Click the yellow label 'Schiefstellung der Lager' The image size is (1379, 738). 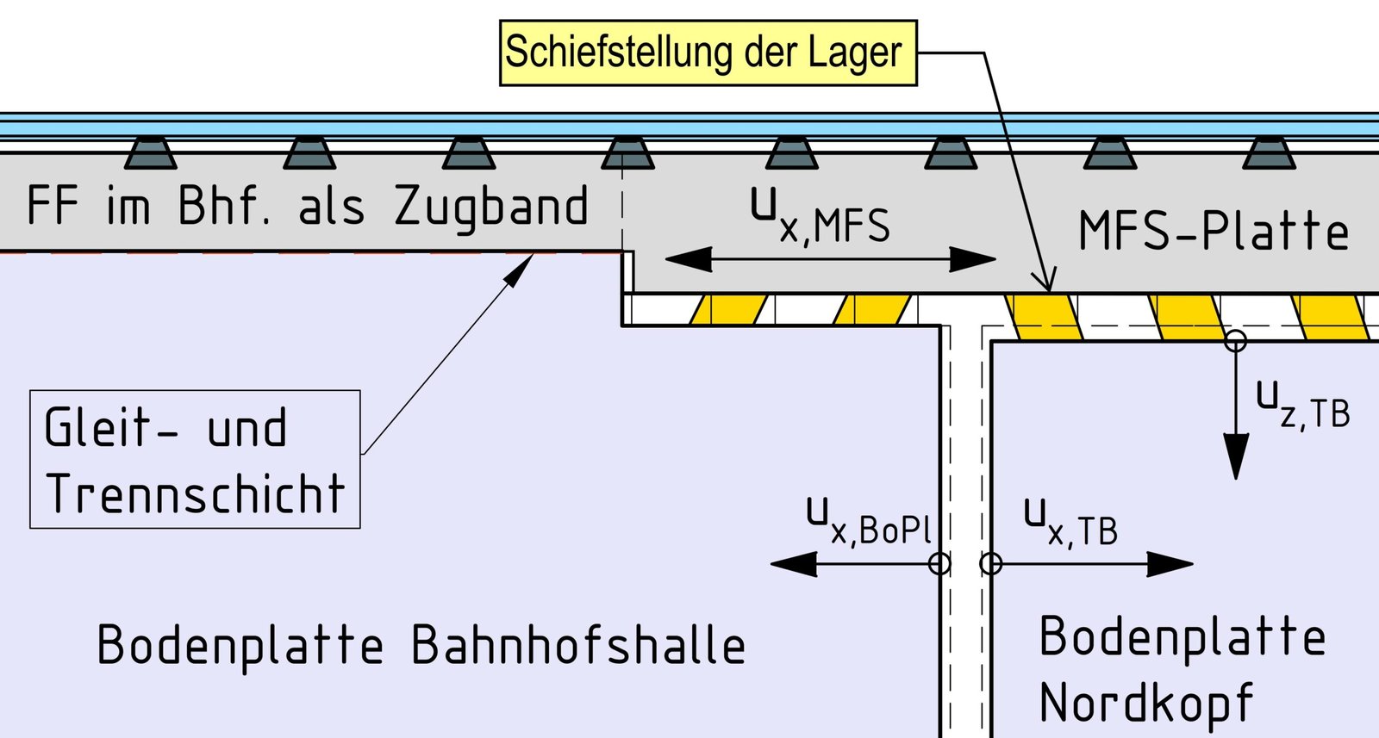click(x=707, y=53)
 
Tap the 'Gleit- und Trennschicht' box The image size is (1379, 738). click(x=195, y=460)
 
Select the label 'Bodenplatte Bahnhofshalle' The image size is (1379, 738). click(x=421, y=646)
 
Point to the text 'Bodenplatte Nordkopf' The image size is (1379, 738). click(x=1181, y=670)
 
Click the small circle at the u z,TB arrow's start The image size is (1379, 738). click(x=1236, y=342)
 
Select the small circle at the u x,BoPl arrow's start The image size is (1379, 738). click(x=939, y=564)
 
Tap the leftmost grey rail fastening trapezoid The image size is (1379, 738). click(x=151, y=153)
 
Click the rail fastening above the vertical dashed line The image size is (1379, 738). click(x=627, y=153)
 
